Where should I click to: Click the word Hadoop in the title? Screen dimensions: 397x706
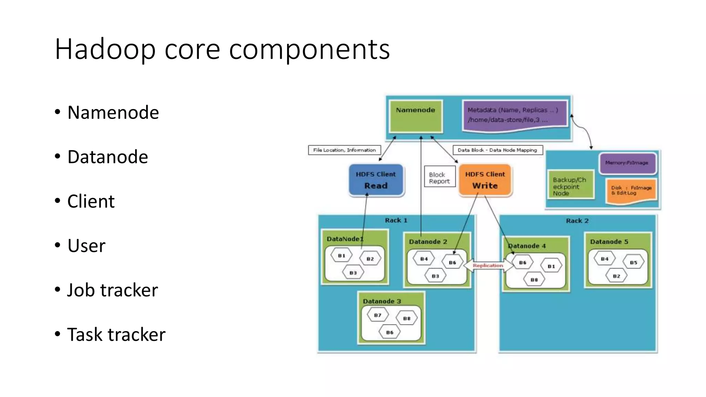105,49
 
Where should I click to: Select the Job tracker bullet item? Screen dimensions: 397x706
112,290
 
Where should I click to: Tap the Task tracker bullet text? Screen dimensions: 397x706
116,335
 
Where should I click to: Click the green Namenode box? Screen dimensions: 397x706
415,116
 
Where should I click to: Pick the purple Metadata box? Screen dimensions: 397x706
514,115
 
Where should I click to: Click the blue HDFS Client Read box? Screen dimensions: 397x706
376,180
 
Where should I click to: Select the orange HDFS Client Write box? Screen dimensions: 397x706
485,180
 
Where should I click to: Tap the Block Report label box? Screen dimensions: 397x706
440,178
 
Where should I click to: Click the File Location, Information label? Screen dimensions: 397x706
344,150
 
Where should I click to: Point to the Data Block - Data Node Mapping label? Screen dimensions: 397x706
497,150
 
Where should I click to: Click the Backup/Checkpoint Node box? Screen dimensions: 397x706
570,186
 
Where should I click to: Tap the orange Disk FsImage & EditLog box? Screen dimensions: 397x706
632,191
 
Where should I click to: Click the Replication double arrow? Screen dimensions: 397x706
487,266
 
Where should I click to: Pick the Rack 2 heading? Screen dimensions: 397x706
577,221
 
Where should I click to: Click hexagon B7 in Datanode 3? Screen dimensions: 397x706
378,315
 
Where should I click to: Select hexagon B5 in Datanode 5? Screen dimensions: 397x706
633,262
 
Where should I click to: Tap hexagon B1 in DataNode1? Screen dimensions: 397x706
341,256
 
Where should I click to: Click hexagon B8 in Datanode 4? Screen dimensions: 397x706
534,280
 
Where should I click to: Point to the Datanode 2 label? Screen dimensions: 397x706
428,242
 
